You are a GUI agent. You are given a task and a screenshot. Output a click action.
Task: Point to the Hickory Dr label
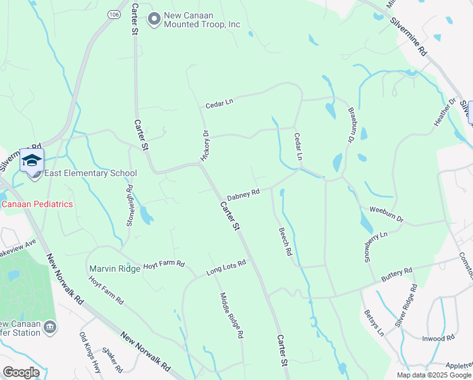[x=205, y=145]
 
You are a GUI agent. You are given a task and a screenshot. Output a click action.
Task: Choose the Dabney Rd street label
[x=243, y=194]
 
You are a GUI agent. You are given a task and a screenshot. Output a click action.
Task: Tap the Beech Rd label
[x=285, y=242]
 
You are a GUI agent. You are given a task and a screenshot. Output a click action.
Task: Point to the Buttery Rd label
[x=396, y=275]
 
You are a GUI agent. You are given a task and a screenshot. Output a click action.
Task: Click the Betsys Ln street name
[x=374, y=322]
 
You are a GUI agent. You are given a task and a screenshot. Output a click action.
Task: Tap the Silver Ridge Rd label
[x=406, y=306]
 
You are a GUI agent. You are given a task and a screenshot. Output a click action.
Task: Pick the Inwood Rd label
[x=438, y=338]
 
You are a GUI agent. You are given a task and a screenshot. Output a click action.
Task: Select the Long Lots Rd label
[x=226, y=268]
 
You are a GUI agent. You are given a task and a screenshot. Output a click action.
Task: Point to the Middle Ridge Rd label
[x=232, y=315]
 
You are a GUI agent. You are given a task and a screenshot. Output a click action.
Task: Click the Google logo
[x=21, y=372]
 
